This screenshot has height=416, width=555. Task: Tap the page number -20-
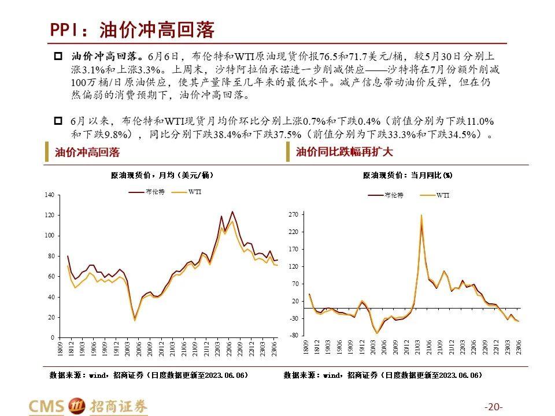click(494, 406)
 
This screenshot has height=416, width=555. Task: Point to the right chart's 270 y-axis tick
click(293, 215)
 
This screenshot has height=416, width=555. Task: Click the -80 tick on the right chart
click(293, 335)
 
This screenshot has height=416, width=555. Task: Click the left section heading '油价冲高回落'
click(87, 153)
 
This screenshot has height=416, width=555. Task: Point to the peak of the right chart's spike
click(421, 216)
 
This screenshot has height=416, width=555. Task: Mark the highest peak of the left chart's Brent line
click(232, 211)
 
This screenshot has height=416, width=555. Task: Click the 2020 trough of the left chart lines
click(135, 319)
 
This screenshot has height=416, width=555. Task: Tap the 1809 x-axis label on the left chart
click(60, 348)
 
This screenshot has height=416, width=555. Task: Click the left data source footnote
click(149, 376)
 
